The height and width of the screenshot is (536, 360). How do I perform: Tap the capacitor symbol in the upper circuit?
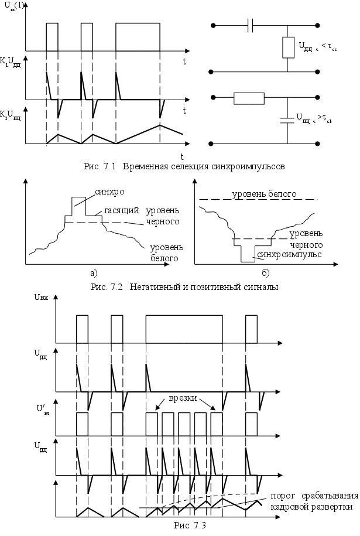251,26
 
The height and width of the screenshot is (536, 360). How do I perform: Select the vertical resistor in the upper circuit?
287,47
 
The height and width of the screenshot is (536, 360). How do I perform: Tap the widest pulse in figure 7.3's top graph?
184,328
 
